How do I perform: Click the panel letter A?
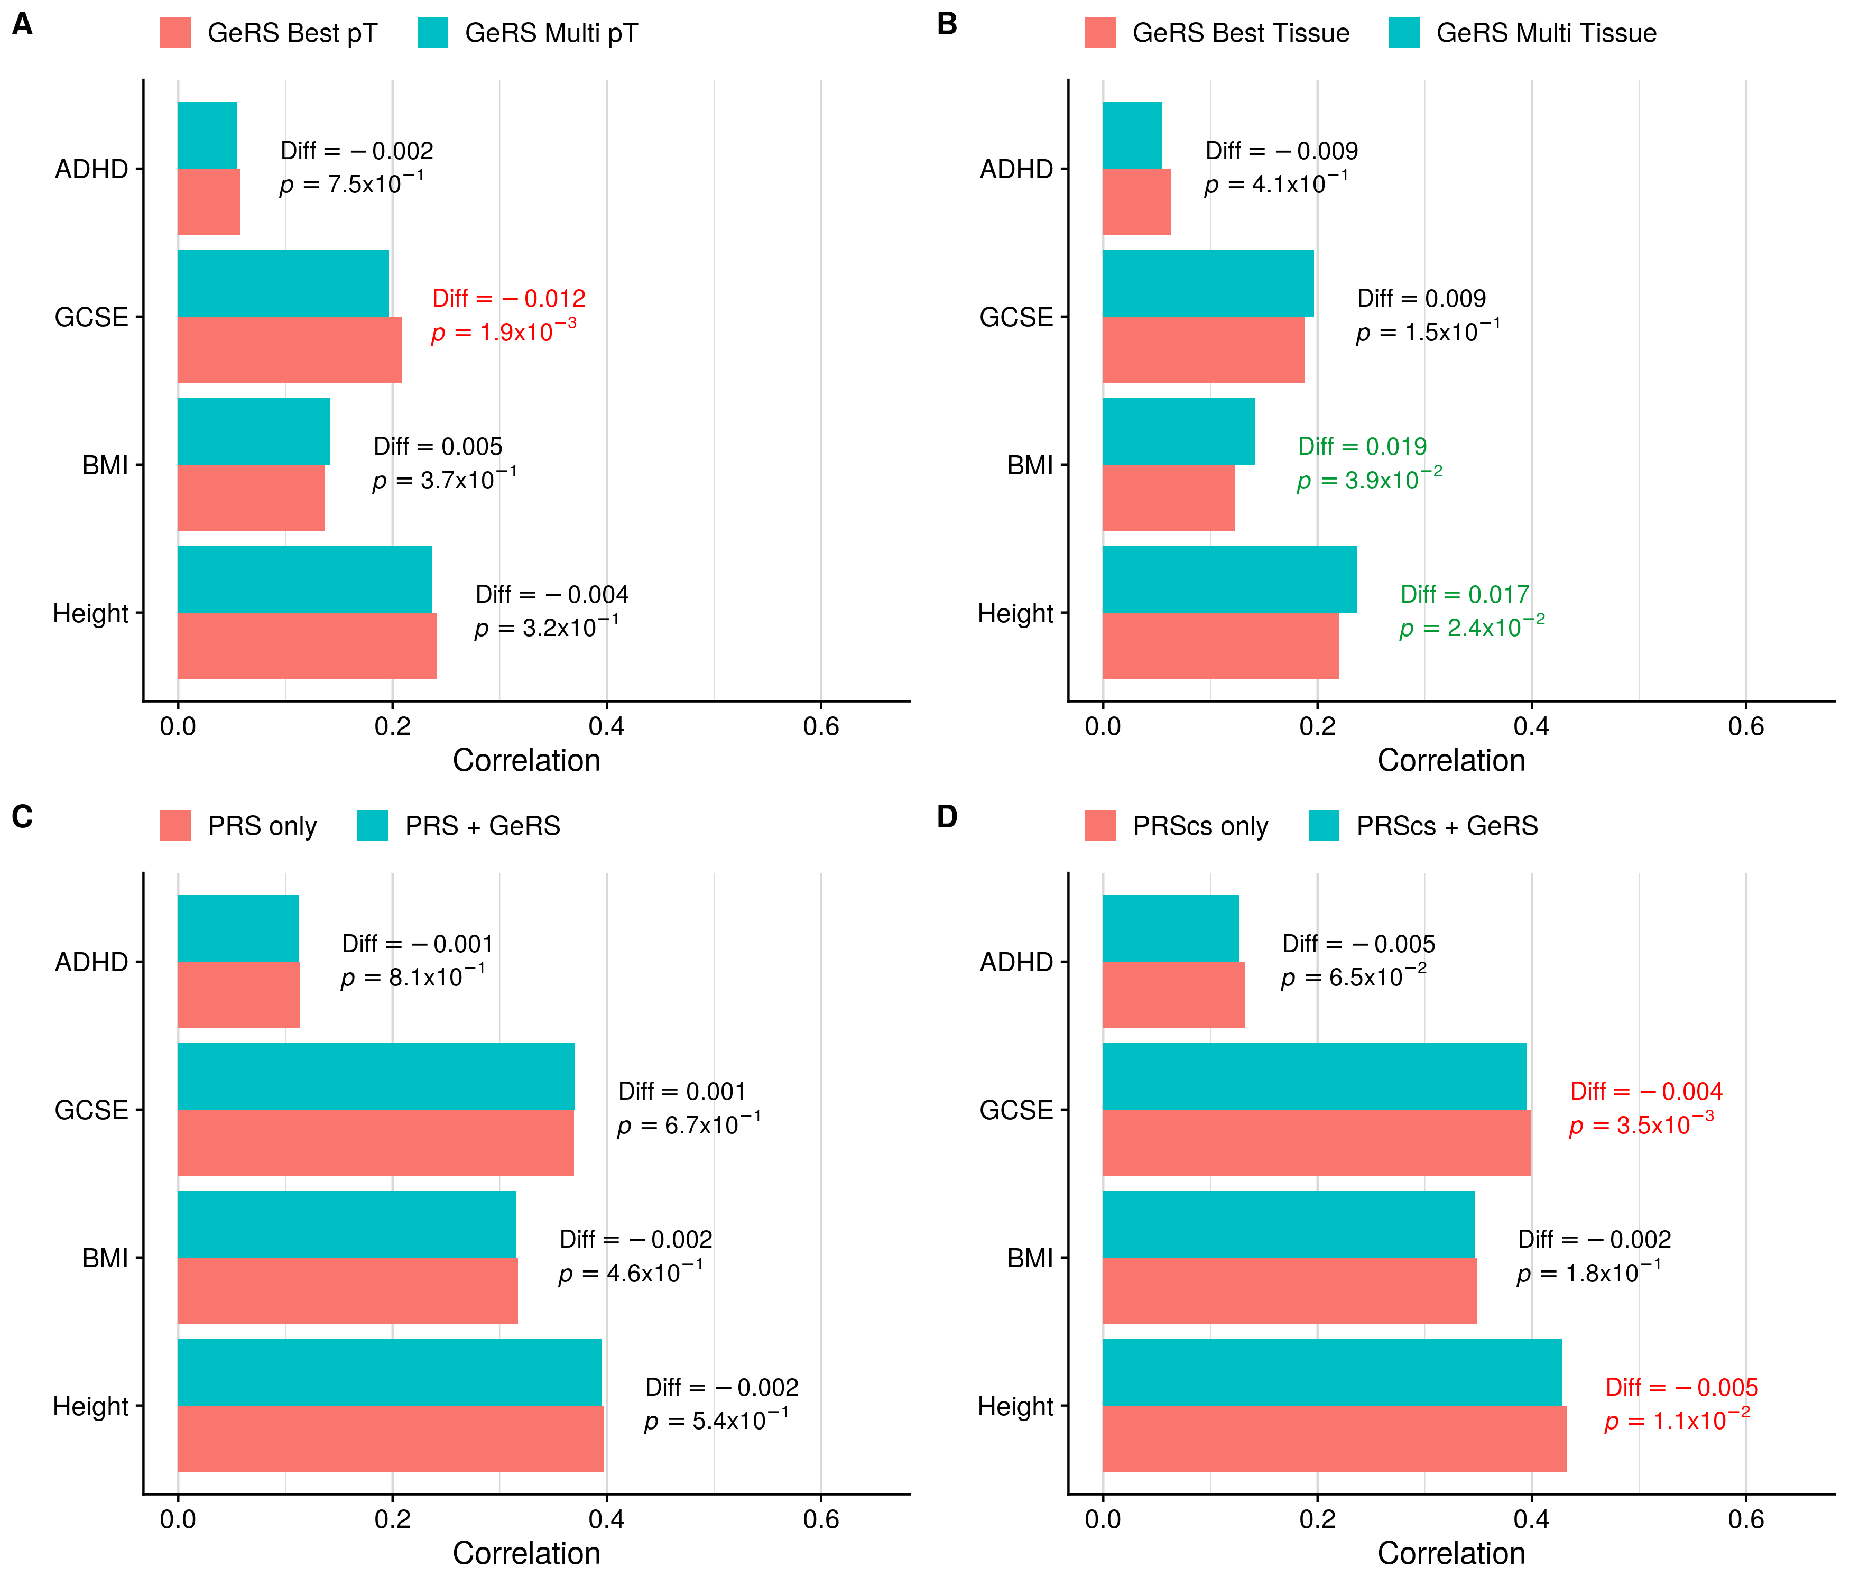(22, 24)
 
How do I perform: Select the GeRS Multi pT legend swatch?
(432, 32)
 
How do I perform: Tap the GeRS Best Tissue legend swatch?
(1100, 32)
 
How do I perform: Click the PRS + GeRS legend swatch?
(372, 825)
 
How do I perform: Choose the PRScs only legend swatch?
(1100, 825)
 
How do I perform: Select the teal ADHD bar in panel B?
(1132, 136)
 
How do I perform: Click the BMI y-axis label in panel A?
(105, 465)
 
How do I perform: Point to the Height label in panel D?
(1015, 1406)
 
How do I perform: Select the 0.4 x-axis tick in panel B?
(1531, 726)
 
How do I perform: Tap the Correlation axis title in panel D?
(1451, 1554)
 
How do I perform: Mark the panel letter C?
(22, 816)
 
